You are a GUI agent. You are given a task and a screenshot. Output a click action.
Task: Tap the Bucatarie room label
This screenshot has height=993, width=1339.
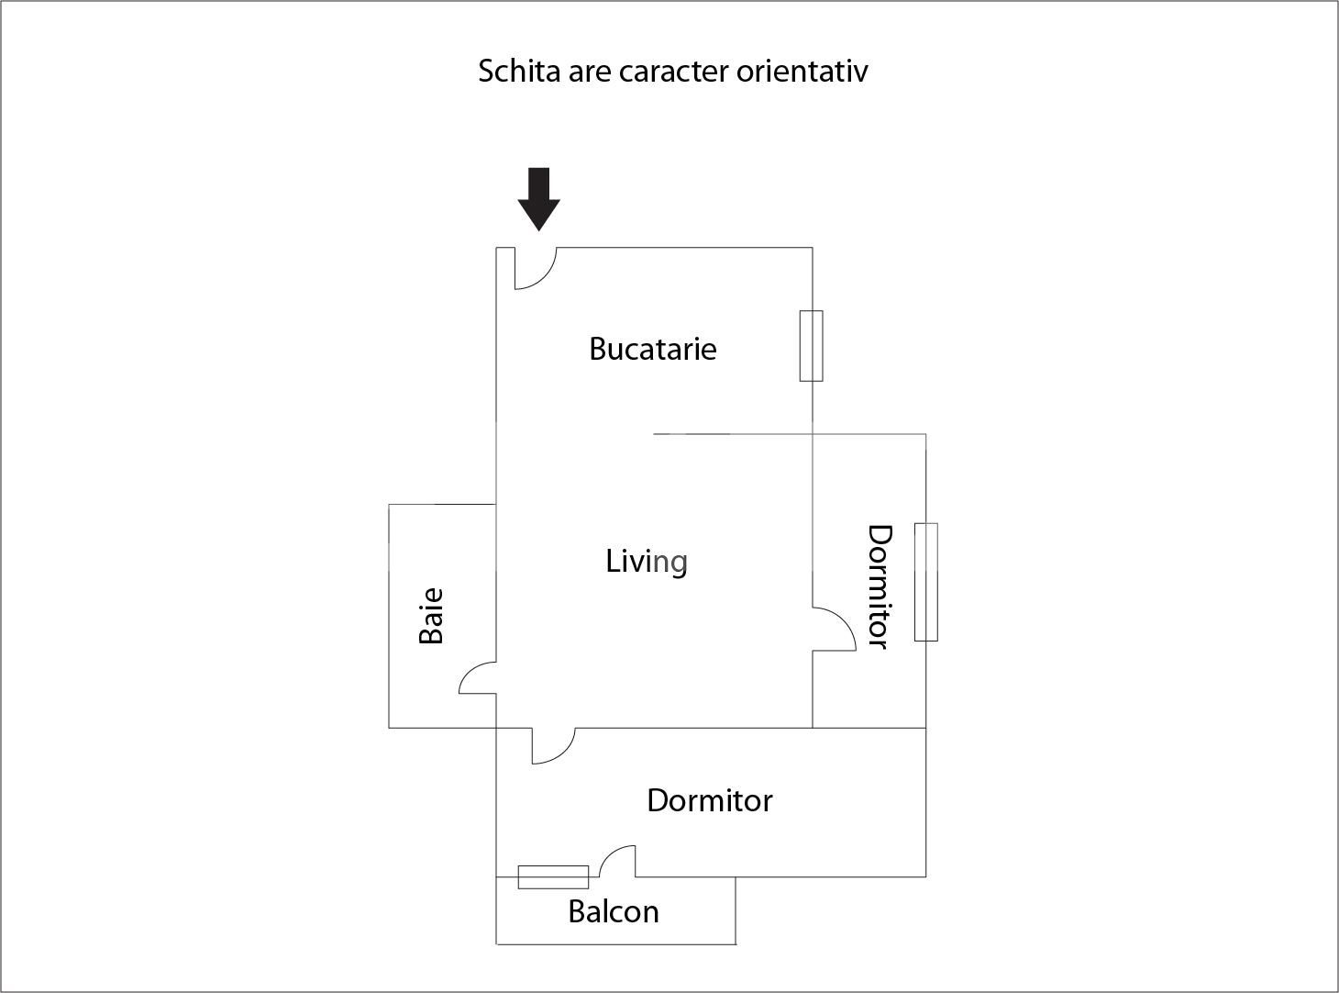pyautogui.click(x=652, y=349)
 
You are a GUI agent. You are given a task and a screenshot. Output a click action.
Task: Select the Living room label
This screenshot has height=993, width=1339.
pyautogui.click(x=647, y=561)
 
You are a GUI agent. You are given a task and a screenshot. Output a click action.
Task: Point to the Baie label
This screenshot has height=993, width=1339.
pyautogui.click(x=431, y=616)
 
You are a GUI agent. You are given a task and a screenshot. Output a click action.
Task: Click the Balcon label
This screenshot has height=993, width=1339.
pyautogui.click(x=614, y=911)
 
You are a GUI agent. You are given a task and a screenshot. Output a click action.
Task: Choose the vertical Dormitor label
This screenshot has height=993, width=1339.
pyautogui.click(x=880, y=586)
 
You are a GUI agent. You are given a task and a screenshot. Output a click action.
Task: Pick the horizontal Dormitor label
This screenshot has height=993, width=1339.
pyautogui.click(x=709, y=800)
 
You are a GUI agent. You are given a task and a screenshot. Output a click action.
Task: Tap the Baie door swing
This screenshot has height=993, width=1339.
pyautogui.click(x=475, y=678)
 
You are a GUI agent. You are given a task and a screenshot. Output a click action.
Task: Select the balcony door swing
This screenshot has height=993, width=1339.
pyautogui.click(x=618, y=862)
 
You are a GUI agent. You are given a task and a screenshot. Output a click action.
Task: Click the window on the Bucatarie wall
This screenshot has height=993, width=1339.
pyautogui.click(x=811, y=345)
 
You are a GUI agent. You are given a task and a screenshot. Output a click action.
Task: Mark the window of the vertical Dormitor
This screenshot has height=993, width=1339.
pyautogui.click(x=925, y=582)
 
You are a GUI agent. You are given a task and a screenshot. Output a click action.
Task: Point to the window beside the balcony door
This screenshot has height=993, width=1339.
pyautogui.click(x=553, y=877)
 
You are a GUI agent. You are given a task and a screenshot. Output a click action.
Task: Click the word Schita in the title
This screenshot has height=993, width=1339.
pyautogui.click(x=519, y=71)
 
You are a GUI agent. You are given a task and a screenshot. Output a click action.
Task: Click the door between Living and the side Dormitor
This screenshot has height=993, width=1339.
pyautogui.click(x=833, y=630)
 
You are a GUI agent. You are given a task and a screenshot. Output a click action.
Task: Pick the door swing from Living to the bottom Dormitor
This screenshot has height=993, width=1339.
pyautogui.click(x=551, y=745)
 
